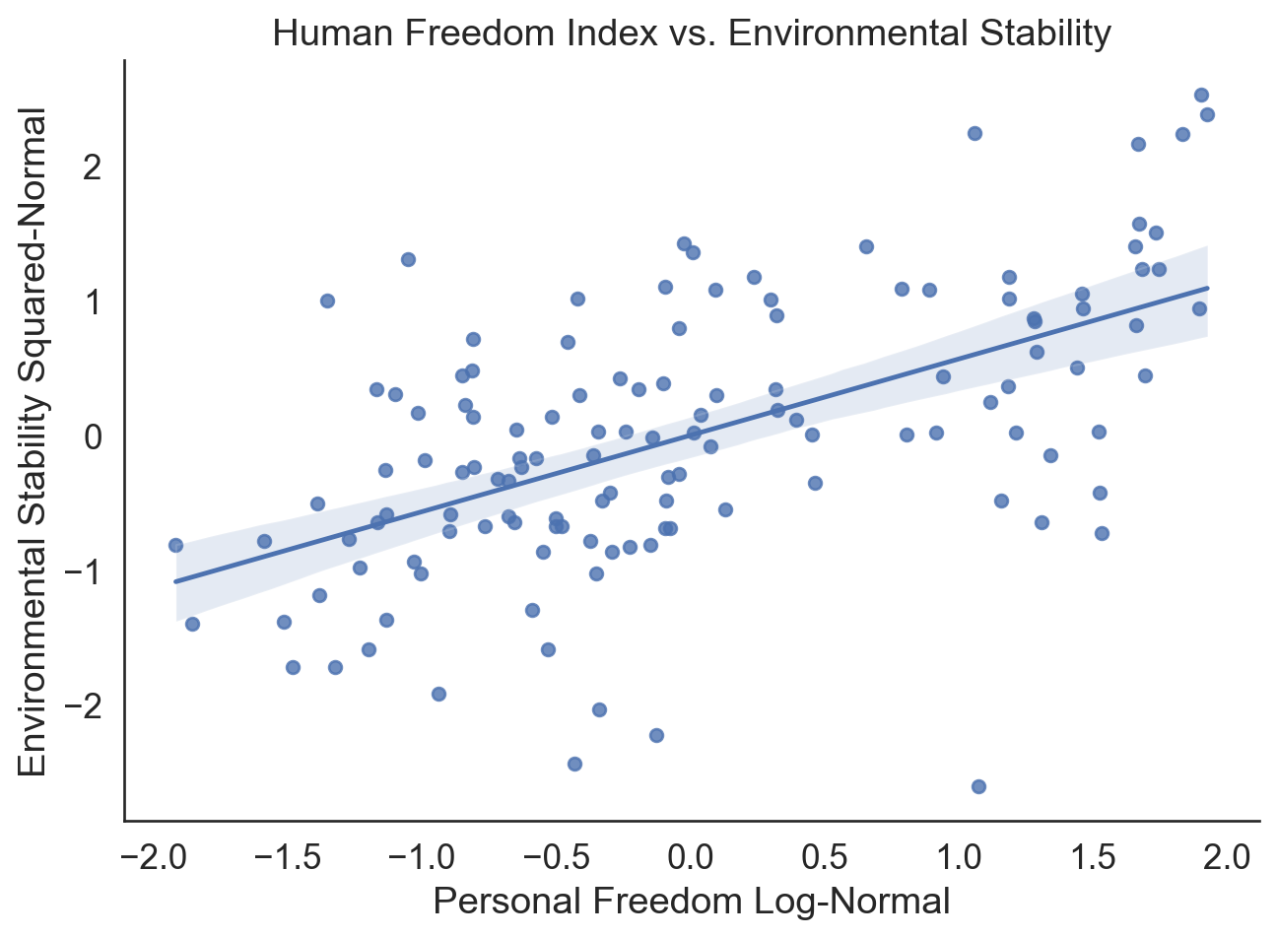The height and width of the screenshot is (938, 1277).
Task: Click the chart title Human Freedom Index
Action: tap(692, 33)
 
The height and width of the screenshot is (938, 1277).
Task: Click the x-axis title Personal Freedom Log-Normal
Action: tap(692, 901)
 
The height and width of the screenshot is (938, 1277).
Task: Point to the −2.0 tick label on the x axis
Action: tap(153, 857)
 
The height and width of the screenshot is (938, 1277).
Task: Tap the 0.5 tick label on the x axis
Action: tap(824, 857)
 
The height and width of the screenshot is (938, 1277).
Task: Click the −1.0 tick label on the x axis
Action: tap(422, 857)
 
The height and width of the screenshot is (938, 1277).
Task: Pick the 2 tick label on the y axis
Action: tap(94, 167)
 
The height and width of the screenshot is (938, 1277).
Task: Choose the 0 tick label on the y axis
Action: tap(94, 436)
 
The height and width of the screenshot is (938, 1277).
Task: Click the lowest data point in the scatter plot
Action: tap(978, 786)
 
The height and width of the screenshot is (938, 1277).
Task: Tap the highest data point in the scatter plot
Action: tap(1201, 95)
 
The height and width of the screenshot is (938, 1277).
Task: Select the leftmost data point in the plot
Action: tap(175, 545)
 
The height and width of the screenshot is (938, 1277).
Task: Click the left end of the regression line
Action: tap(176, 581)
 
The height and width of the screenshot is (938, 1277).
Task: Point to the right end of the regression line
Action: tap(1207, 289)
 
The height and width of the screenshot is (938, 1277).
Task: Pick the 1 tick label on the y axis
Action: tap(94, 302)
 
